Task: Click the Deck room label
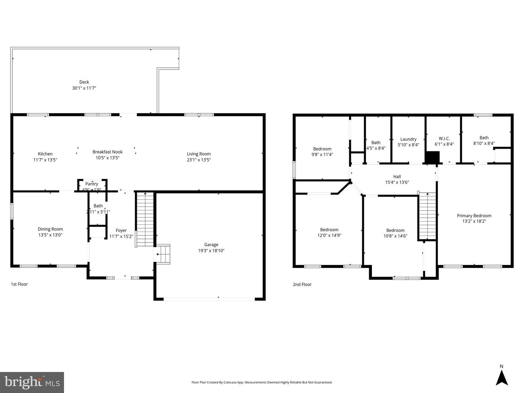click(84, 82)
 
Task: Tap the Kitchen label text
click(45, 154)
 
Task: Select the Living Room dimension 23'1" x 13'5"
click(199, 160)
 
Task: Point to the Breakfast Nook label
click(107, 152)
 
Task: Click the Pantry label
click(92, 184)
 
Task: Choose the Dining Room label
click(50, 229)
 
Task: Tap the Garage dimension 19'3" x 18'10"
click(211, 250)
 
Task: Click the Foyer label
click(121, 230)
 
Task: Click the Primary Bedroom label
click(474, 216)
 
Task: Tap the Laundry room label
click(408, 139)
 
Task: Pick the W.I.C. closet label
click(444, 139)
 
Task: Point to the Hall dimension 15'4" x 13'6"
click(397, 182)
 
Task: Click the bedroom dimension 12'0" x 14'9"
click(329, 235)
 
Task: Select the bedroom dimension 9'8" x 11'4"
click(322, 155)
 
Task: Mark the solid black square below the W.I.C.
click(433, 157)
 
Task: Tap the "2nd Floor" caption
click(302, 285)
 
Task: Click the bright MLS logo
click(32, 382)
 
